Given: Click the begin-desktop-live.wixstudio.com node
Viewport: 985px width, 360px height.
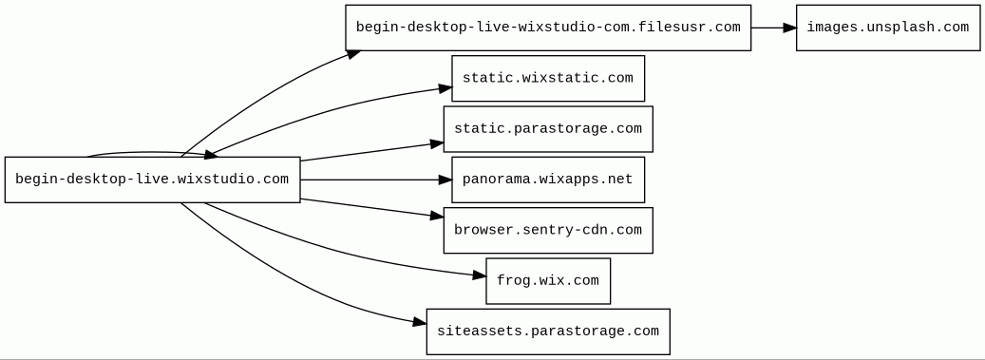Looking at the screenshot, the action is [153, 180].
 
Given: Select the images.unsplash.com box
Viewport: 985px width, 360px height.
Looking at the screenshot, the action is [887, 28].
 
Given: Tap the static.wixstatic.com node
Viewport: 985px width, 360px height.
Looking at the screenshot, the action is [548, 79].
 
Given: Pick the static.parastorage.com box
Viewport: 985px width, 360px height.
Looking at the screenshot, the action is [548, 129].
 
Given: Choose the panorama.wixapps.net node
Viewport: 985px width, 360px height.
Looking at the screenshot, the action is [548, 180].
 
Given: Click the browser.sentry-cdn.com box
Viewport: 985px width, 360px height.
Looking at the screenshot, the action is [548, 231].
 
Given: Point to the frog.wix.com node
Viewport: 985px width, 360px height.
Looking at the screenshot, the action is [548, 281].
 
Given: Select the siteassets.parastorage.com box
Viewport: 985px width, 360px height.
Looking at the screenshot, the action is [548, 332].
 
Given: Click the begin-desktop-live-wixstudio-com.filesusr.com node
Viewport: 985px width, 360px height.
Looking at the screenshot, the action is [548, 28].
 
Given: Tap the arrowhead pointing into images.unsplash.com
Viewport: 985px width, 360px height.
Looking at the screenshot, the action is [789, 28].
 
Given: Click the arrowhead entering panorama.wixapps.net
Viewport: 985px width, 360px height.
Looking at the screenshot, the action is [445, 180].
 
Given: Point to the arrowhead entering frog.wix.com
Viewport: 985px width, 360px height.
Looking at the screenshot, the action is [480, 275].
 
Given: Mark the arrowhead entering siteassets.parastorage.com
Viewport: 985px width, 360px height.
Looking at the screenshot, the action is [420, 323].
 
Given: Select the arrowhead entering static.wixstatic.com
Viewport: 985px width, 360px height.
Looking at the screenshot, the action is [445, 89].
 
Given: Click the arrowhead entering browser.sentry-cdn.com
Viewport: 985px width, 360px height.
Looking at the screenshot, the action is [437, 217].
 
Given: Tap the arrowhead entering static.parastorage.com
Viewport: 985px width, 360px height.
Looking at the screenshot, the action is [437, 143].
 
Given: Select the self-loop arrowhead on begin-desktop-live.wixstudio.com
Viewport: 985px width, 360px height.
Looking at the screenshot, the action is [211, 154].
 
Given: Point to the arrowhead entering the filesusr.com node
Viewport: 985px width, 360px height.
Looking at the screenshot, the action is [353, 54].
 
